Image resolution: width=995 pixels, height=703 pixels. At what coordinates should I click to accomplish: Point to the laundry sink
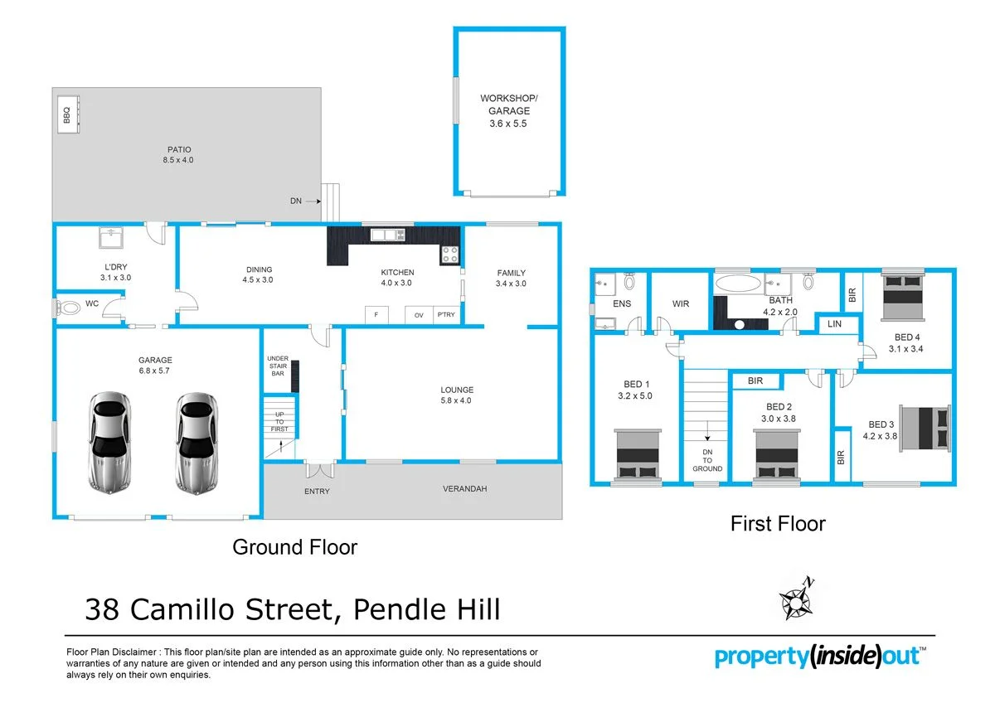pos(109,239)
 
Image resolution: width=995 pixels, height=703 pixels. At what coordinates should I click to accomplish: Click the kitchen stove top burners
pos(449,255)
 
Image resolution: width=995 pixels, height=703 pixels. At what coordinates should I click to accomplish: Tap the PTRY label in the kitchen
pos(446,315)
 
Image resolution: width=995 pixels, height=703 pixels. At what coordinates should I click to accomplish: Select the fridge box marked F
pos(376,315)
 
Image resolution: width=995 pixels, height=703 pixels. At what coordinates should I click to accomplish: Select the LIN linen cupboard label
pos(834,324)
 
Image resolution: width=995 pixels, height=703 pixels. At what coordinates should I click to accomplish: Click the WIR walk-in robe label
pos(681,304)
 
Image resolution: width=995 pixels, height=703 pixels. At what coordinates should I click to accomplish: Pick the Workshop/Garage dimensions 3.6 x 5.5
pos(508,124)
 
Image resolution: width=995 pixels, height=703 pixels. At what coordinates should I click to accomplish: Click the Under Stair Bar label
pos(278,366)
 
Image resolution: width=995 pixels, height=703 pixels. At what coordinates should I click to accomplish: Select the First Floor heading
pos(777,524)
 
